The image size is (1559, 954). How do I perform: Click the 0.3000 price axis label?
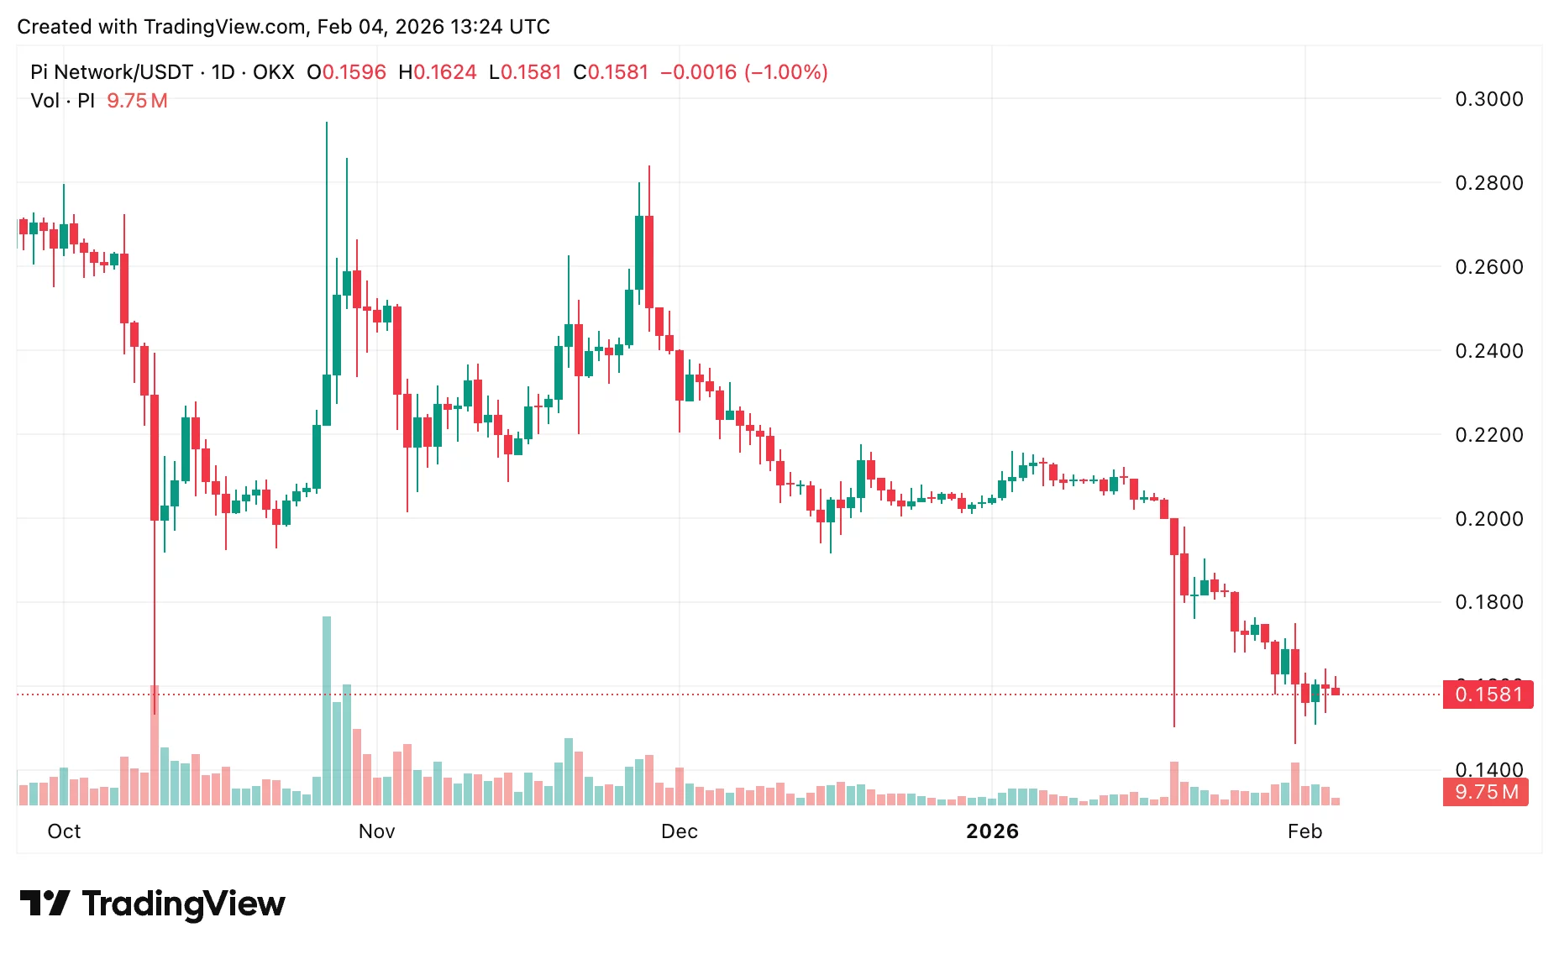click(1488, 99)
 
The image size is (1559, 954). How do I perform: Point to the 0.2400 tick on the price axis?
click(1488, 351)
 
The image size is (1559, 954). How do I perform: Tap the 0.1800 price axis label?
click(1488, 602)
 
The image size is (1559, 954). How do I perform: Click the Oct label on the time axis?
click(64, 831)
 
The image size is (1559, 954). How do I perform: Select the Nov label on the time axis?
click(376, 831)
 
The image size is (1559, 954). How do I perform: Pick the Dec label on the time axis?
click(679, 831)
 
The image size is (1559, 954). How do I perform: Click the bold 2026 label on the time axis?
click(992, 831)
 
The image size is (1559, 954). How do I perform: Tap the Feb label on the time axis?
click(1304, 831)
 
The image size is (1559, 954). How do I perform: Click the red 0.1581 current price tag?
click(1488, 695)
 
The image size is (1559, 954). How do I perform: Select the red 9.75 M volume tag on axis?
click(1486, 792)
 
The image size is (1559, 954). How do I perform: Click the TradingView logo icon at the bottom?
click(45, 904)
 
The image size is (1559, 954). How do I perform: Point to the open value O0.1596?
click(346, 72)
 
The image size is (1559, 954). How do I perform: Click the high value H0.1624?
click(437, 72)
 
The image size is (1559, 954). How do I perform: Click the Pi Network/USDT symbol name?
click(112, 72)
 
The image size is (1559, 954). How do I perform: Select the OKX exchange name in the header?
click(273, 72)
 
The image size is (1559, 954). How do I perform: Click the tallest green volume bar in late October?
click(327, 710)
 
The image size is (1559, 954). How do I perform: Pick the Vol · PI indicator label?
click(62, 101)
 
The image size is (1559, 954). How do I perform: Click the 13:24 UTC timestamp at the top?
click(500, 27)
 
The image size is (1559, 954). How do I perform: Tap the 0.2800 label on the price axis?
click(1488, 183)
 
